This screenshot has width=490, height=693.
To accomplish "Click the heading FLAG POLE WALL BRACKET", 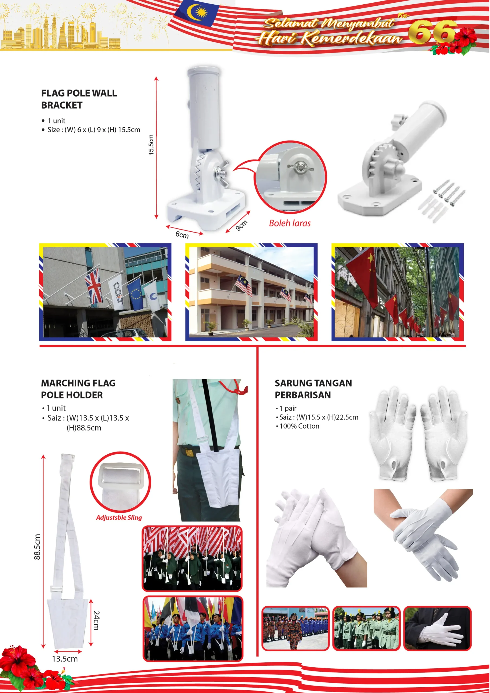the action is pos(79,99).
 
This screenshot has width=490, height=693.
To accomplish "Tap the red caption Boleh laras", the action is pos(290,223).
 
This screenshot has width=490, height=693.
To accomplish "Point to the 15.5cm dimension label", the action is pos(151,145).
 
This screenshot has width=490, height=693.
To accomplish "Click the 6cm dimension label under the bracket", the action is pos(182,234).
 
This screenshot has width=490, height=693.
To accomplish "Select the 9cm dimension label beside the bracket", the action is pos(241,225).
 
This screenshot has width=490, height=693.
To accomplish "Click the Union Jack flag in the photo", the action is pos(94,286).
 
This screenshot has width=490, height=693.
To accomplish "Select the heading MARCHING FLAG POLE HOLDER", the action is pos(78,389).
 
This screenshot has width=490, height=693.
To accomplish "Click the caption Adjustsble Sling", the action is pos(119,517).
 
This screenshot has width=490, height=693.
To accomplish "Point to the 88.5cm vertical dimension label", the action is pos(37,547).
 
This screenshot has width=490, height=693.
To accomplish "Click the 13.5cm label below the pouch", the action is pos(65,659).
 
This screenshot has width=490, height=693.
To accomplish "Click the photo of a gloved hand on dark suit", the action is pos(437,628).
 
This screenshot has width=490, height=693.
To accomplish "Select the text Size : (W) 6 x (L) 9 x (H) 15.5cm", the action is pos(94,130).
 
